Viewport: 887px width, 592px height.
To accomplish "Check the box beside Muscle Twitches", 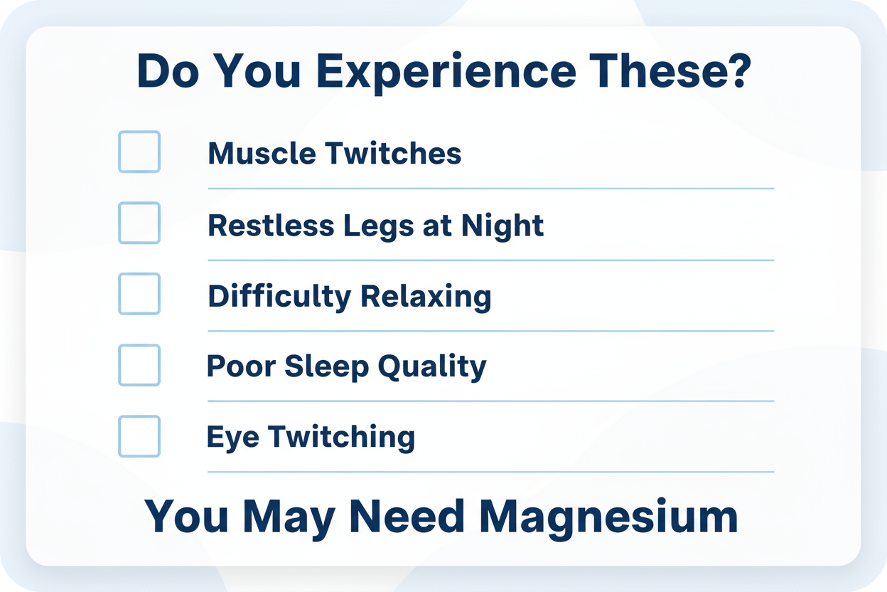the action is point(139,152).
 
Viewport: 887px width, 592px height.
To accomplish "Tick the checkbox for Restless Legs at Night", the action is point(139,223).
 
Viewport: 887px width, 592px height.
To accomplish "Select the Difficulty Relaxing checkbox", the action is point(139,294).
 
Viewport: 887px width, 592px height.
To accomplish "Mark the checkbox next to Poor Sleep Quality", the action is point(139,365).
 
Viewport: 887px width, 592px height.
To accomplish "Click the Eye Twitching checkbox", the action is point(139,436).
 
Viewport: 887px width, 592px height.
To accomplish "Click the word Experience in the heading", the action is point(446,73).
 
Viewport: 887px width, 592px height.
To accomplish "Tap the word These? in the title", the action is point(670,71).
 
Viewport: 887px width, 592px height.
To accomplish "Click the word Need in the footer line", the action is point(407,516).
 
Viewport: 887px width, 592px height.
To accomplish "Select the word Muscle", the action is point(262,153).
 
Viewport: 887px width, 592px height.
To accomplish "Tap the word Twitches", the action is point(393,153).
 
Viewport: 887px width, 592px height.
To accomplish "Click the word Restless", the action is point(272,226).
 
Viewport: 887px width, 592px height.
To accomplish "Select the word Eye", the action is point(233,438).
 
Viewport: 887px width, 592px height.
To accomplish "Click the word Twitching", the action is point(342,438).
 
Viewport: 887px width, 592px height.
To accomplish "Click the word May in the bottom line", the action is point(289,519).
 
